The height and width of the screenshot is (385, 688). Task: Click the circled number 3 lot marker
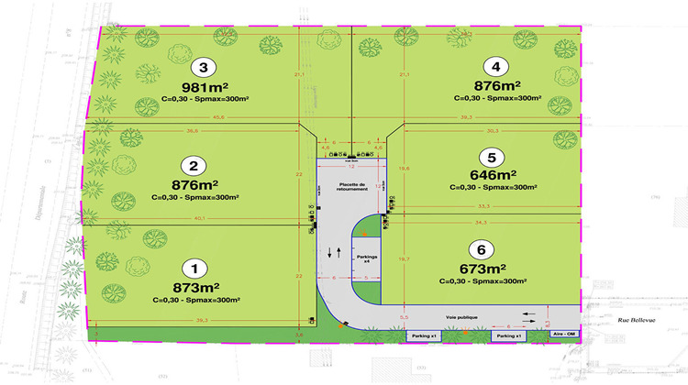coord(203,66)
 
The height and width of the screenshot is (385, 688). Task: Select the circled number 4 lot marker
coord(496,66)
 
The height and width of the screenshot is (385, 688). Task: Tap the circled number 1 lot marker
coord(194,269)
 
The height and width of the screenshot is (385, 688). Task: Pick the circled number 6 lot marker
coord(477,248)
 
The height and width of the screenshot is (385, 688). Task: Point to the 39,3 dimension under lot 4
coord(491,116)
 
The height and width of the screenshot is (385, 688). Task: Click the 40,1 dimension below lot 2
coord(200,218)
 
